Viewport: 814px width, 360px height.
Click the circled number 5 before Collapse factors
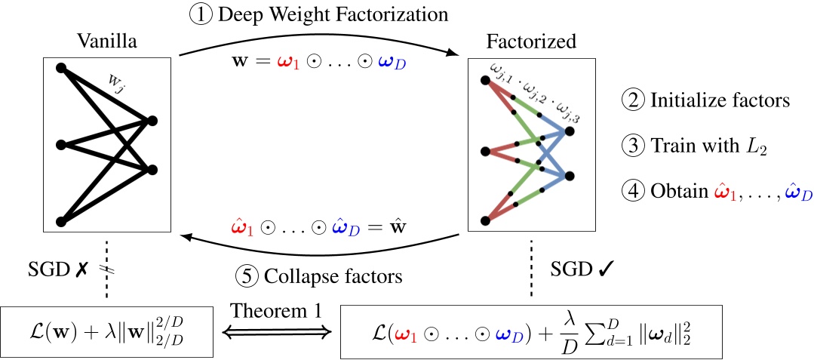coord(247,276)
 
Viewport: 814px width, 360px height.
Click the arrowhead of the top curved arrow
coord(456,52)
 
